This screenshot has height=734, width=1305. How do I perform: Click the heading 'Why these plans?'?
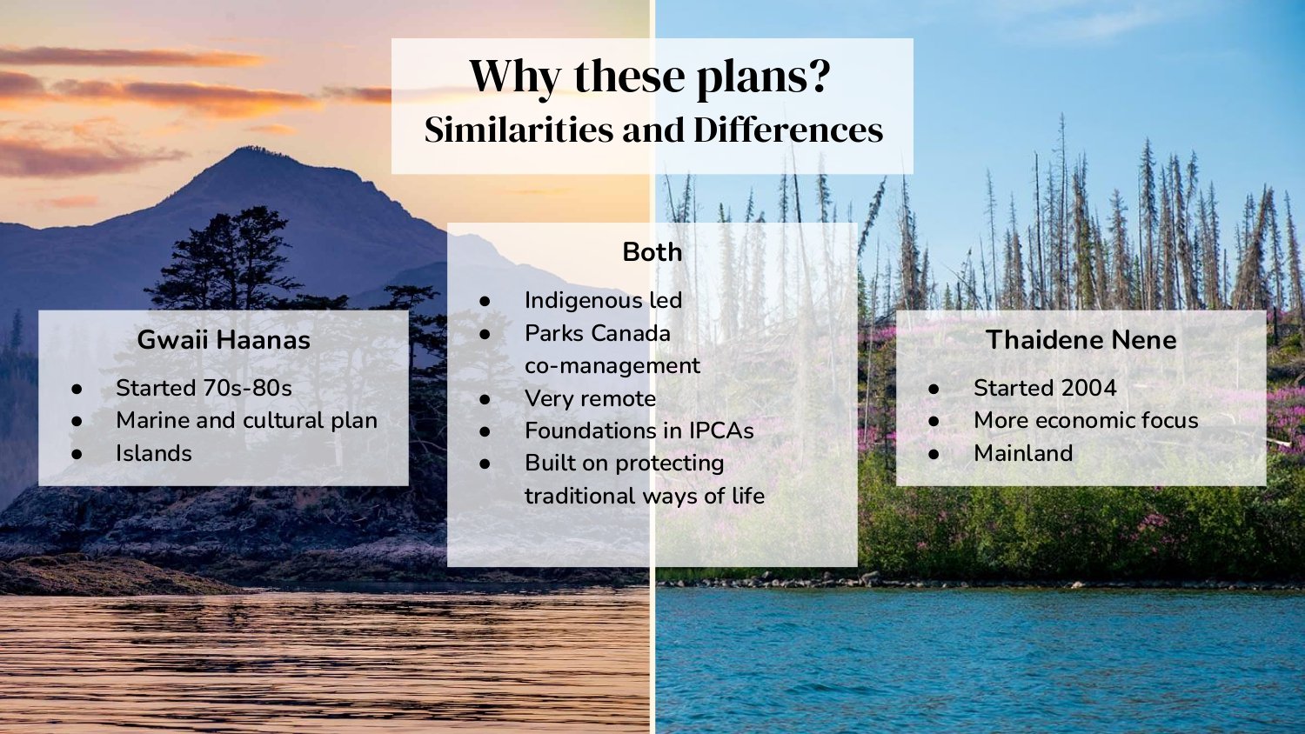[650, 77]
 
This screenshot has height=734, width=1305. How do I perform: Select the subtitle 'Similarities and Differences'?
[653, 130]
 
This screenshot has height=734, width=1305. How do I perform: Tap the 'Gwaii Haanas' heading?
[224, 340]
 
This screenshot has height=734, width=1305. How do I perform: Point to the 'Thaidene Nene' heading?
[1081, 340]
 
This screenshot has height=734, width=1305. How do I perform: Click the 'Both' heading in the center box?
[652, 252]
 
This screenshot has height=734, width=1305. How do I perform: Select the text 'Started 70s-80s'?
[204, 388]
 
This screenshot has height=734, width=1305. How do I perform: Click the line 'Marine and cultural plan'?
[246, 421]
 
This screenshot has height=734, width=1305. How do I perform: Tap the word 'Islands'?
[153, 453]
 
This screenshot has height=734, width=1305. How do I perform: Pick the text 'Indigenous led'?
[603, 301]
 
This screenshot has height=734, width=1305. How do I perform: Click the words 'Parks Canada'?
[597, 333]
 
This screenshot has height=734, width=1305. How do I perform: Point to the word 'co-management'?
[612, 366]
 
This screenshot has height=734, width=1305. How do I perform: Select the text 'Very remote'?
[590, 398]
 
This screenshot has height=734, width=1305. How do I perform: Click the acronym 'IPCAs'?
[721, 431]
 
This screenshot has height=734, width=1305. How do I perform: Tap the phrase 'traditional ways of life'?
[644, 496]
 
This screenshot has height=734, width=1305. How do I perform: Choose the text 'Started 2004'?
[1044, 388]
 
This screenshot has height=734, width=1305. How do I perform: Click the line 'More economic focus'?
[1086, 421]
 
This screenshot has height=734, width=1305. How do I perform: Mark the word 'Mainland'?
[1023, 453]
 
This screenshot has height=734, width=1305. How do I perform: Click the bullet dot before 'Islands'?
[77, 454]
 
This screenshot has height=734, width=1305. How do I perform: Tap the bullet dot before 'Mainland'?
[934, 454]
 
